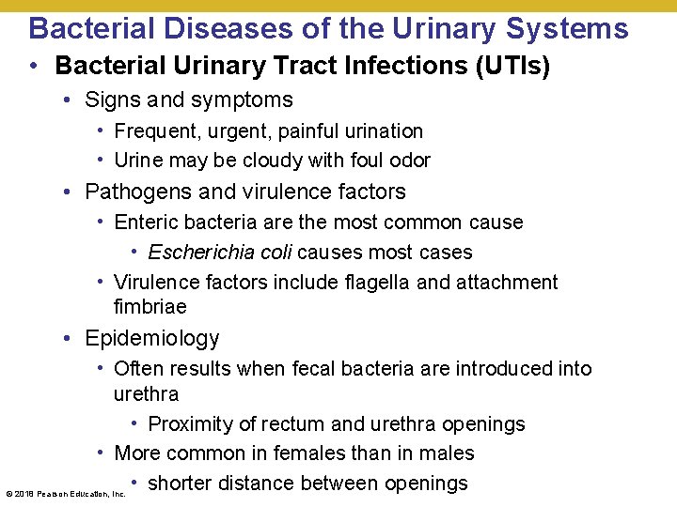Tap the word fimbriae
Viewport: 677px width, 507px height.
tap(150, 307)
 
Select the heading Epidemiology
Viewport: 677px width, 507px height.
tap(151, 338)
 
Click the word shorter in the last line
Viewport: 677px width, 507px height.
tap(184, 484)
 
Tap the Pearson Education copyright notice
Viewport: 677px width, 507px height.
tap(66, 494)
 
